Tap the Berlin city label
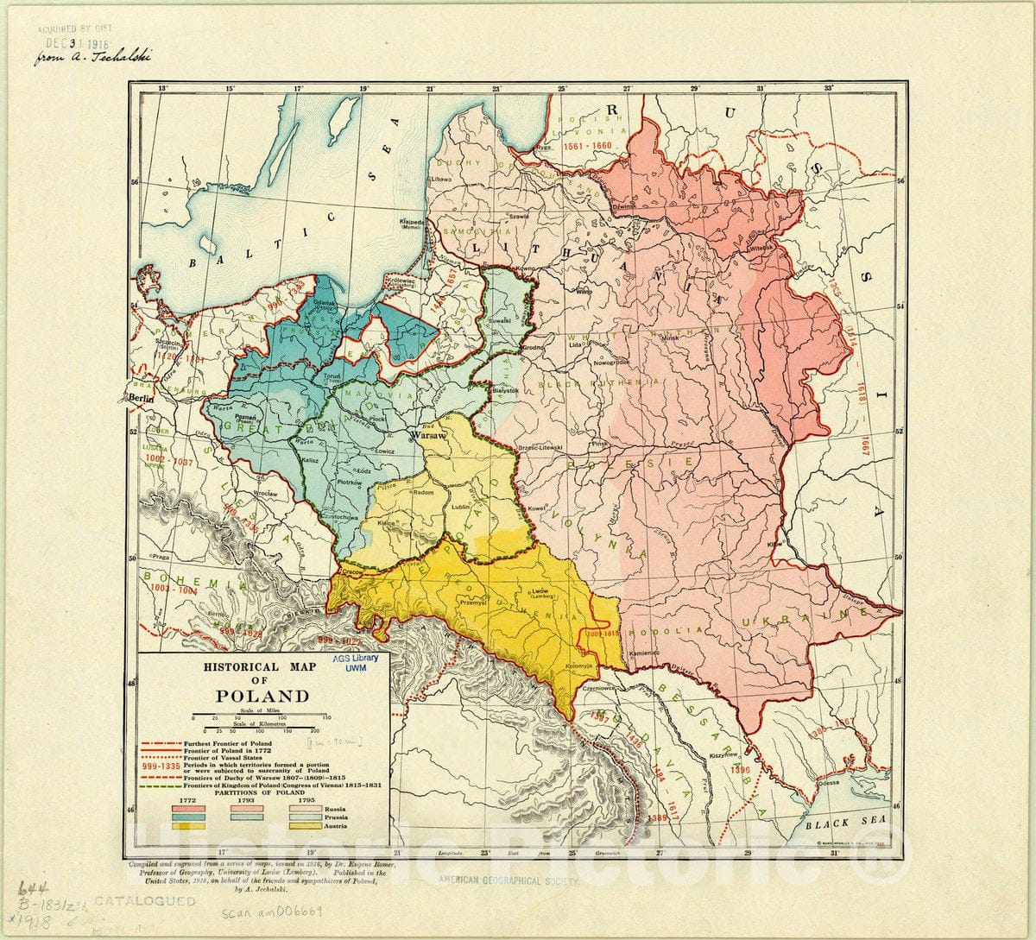(138, 398)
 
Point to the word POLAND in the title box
(262, 696)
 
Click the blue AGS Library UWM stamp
(356, 662)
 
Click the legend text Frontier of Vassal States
(229, 759)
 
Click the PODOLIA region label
(657, 631)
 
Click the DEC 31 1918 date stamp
(78, 42)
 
